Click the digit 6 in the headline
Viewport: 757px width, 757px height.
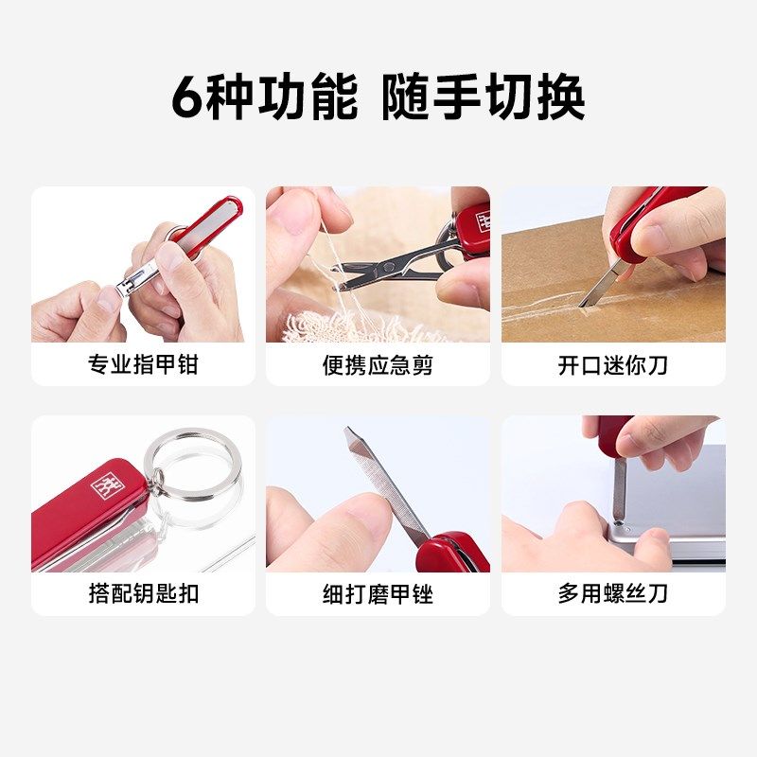tap(186, 97)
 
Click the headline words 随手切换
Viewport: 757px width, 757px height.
tap(484, 97)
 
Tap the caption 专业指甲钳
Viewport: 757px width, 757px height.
tap(143, 364)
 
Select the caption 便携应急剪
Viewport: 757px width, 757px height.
tap(378, 364)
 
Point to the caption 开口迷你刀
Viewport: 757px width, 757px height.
tap(612, 364)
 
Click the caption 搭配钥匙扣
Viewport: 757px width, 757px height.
tap(143, 593)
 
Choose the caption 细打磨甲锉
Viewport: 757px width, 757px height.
tap(378, 593)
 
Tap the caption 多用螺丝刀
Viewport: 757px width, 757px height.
tap(612, 593)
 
